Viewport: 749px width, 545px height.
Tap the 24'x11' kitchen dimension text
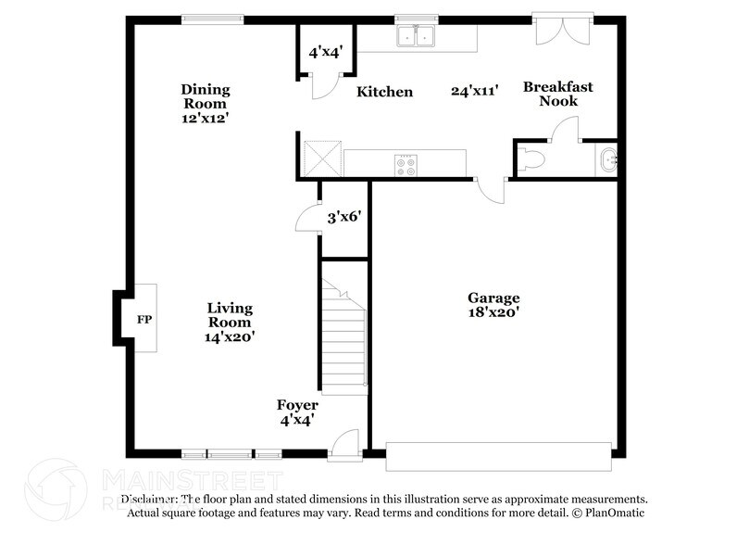475,91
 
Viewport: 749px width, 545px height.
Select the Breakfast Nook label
557,94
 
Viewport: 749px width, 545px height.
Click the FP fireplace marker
144,320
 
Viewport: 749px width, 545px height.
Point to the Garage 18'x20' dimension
493,313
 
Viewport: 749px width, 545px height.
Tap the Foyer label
297,405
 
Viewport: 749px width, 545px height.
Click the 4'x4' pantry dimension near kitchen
326,53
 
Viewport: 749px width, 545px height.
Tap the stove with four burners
406,164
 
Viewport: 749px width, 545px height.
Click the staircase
343,334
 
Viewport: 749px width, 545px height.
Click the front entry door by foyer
343,444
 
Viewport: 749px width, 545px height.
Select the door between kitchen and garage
492,189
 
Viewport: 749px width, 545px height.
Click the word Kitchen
385,92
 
